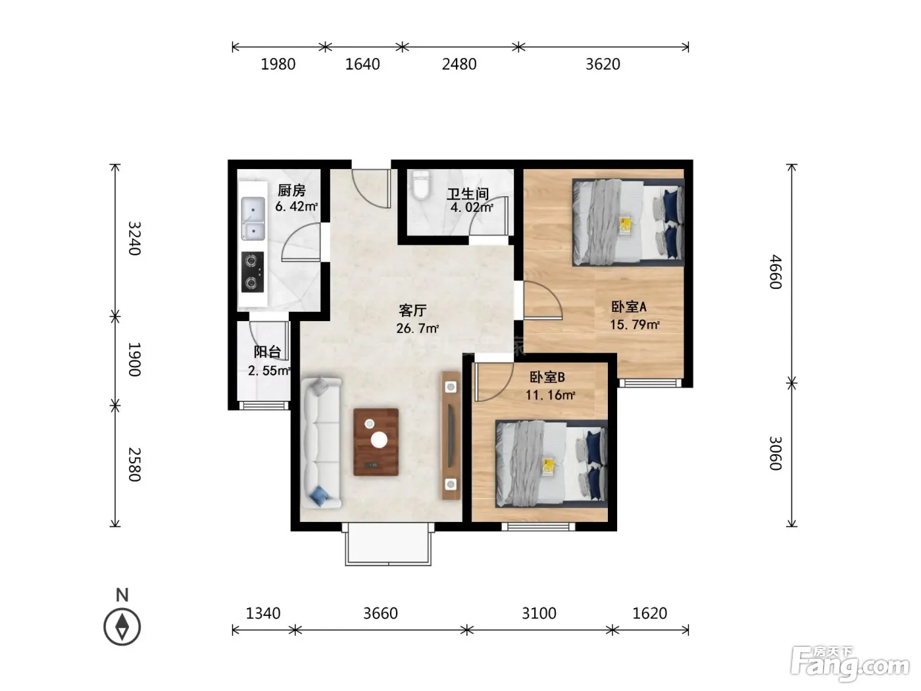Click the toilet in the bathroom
[421, 185]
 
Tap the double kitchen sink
[253, 218]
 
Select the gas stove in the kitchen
[252, 272]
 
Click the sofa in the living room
[321, 443]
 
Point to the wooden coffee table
[376, 442]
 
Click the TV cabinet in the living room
[451, 436]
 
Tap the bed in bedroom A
[628, 222]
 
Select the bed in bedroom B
[551, 463]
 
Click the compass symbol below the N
[122, 627]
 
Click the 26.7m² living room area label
[417, 328]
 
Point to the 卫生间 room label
[468, 193]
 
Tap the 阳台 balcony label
[267, 351]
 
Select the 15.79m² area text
[634, 324]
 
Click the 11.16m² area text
[550, 395]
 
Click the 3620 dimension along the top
[603, 64]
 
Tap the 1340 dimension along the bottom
[262, 613]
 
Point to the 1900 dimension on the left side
[134, 359]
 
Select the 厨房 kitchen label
[291, 190]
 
